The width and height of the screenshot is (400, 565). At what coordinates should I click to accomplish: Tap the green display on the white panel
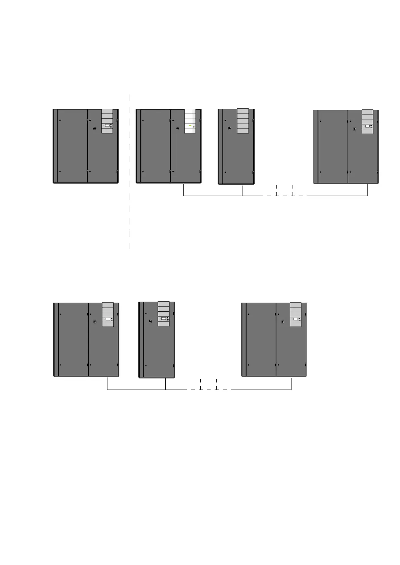[190, 125]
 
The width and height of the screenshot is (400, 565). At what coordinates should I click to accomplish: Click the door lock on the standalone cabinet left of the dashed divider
[94, 128]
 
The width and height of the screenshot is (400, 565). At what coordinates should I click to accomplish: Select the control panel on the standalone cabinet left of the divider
[107, 121]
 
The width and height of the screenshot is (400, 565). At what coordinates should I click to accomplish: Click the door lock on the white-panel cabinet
[177, 128]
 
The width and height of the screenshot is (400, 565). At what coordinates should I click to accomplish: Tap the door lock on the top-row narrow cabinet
[230, 128]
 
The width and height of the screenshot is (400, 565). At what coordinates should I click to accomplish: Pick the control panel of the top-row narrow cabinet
[243, 121]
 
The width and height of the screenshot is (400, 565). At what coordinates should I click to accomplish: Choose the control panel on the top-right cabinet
[367, 121]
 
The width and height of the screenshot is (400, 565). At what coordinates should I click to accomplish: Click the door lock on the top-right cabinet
[355, 129]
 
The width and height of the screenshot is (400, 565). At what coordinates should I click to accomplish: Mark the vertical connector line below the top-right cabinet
[368, 190]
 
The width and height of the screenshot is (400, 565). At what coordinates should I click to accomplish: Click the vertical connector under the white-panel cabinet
[184, 190]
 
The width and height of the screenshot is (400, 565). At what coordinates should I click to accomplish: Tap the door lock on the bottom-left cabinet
[95, 322]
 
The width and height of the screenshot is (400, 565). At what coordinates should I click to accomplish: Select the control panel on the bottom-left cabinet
[108, 314]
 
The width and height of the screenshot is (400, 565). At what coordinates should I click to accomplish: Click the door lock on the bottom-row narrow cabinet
[150, 321]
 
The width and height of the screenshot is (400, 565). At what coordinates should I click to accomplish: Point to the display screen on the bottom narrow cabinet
[164, 318]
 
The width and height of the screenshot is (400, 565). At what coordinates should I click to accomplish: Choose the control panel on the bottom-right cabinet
[296, 314]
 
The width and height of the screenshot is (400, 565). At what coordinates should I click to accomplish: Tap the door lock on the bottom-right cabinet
[283, 322]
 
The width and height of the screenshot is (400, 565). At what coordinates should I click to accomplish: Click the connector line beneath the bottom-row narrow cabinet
[166, 383]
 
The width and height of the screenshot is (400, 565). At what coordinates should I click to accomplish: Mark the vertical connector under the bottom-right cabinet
[291, 383]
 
